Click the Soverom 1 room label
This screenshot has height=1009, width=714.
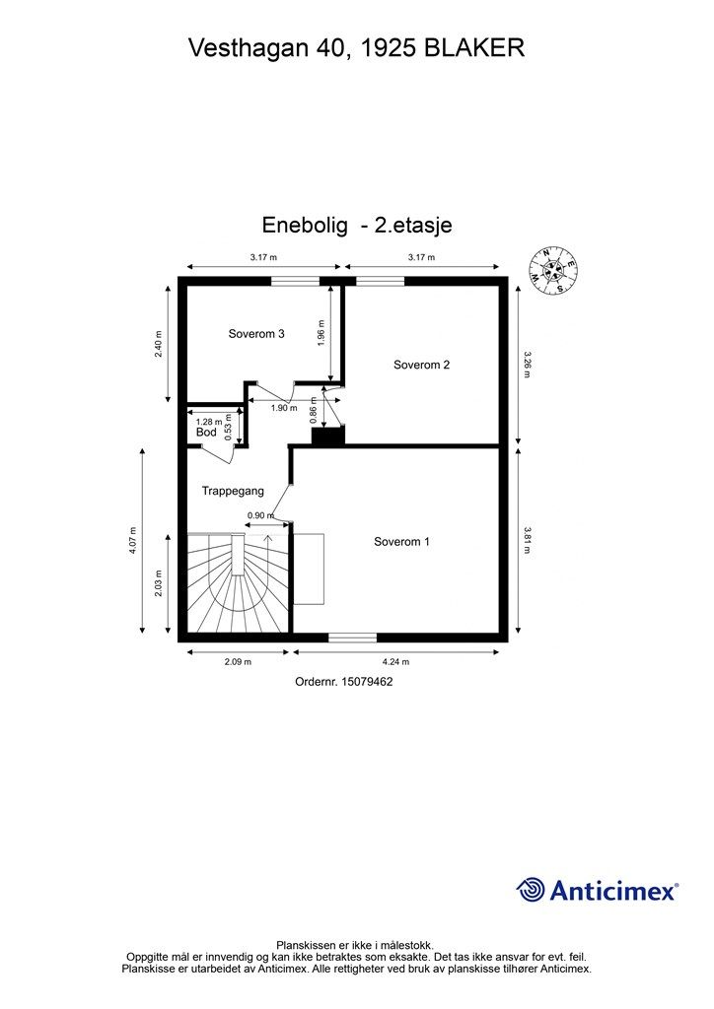tap(401, 542)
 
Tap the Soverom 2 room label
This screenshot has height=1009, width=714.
tap(421, 365)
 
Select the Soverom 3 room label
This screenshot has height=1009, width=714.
tap(256, 334)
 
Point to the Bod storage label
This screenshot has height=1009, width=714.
tap(206, 433)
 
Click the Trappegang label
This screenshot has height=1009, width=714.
tap(233, 491)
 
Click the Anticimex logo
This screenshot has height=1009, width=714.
tap(597, 891)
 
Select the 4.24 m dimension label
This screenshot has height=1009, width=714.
tap(395, 661)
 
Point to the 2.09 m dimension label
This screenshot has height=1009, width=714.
tap(238, 661)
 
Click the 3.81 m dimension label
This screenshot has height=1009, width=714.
tap(528, 541)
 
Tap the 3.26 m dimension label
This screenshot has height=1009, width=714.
tap(528, 365)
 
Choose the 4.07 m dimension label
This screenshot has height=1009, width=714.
tap(133, 541)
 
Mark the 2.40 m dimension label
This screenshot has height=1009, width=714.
tap(159, 344)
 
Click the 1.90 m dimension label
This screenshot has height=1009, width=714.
tap(284, 408)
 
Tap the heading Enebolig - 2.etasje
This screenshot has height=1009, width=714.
tap(357, 226)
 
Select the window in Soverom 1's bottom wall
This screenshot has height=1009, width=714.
tap(352, 638)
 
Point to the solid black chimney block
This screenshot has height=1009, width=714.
tap(328, 435)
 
